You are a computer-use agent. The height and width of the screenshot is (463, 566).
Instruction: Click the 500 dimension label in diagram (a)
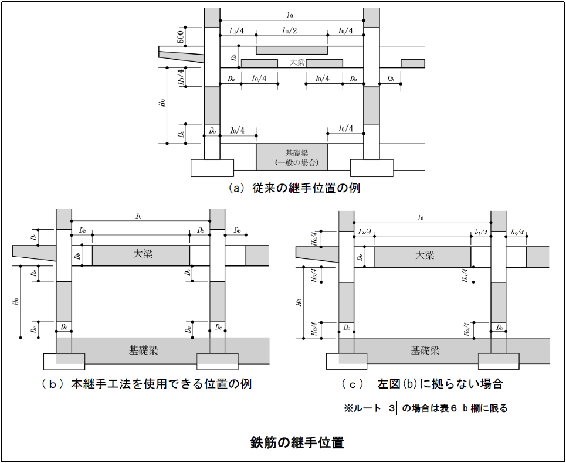pyautogui.click(x=181, y=37)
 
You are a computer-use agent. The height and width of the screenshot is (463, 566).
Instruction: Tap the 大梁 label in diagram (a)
pyautogui.click(x=297, y=62)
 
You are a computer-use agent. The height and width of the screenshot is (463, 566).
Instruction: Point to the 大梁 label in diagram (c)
pyautogui.click(x=425, y=255)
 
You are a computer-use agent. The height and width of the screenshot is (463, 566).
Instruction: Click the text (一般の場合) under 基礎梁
pyautogui.click(x=292, y=162)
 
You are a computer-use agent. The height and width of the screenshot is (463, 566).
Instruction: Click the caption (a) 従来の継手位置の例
pyautogui.click(x=294, y=188)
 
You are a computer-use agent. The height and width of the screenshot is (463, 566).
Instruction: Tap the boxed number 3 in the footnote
pyautogui.click(x=392, y=408)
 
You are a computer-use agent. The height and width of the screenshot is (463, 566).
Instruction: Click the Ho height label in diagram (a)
pyautogui.click(x=161, y=104)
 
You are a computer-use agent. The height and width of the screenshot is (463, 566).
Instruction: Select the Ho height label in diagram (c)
pyautogui.click(x=299, y=302)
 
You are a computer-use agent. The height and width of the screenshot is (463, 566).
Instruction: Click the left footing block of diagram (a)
pyautogui.click(x=212, y=168)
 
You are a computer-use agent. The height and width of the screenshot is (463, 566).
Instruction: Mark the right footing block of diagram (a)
pyautogui.click(x=371, y=168)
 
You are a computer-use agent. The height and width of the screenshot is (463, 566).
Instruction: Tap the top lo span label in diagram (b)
pyautogui.click(x=139, y=217)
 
